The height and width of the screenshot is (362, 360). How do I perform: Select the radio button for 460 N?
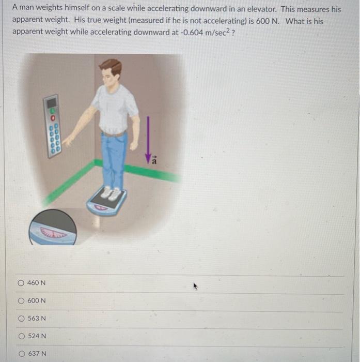click(21, 283)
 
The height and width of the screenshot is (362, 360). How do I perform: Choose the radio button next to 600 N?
click(21, 300)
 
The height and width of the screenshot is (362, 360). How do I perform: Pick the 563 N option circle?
click(21, 318)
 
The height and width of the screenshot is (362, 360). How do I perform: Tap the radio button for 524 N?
click(21, 336)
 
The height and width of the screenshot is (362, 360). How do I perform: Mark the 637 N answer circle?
click(21, 354)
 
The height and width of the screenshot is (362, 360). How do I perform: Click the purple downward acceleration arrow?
click(148, 137)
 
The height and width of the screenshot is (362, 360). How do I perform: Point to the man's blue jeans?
click(114, 158)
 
